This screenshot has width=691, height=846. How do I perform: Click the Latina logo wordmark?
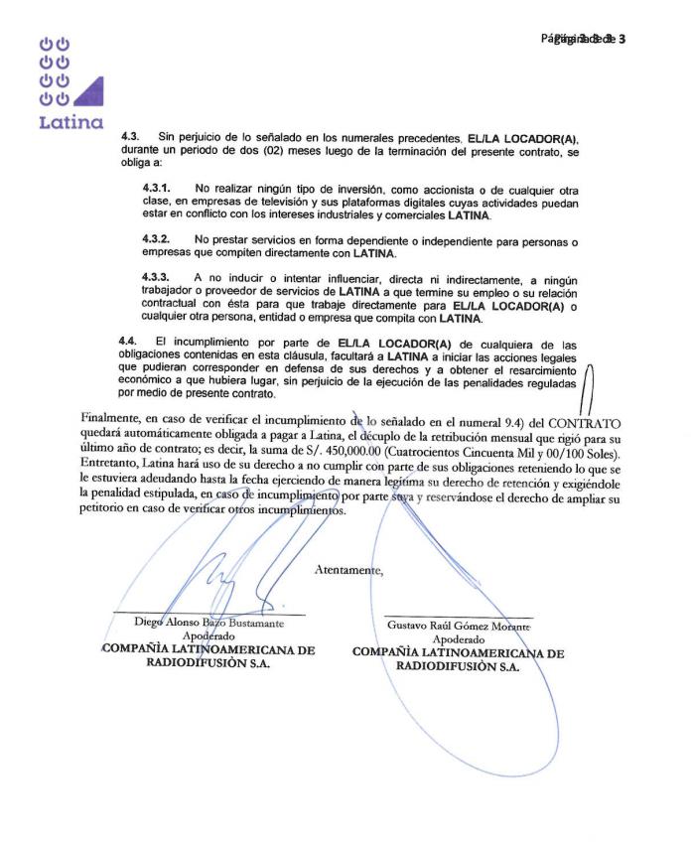click(x=70, y=123)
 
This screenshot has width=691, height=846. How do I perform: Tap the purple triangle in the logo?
click(x=88, y=90)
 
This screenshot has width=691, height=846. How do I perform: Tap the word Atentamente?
click(x=348, y=570)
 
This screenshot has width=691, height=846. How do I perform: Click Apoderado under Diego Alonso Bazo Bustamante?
click(x=208, y=636)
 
